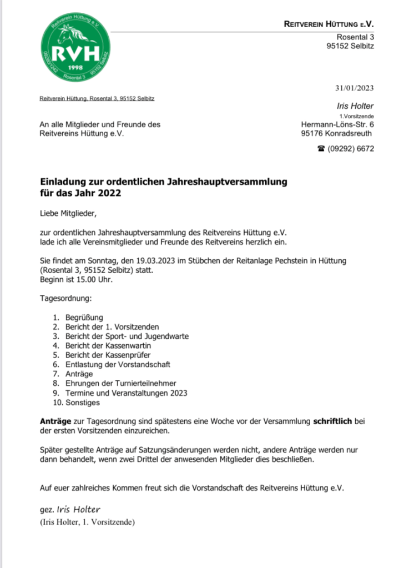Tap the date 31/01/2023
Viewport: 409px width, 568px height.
(x=354, y=88)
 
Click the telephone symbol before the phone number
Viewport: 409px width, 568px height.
(x=321, y=149)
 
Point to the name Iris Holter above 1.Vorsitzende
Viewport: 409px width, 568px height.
(x=355, y=106)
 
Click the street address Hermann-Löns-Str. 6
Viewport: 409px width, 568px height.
(x=337, y=124)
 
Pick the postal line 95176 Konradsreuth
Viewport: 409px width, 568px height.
(x=336, y=133)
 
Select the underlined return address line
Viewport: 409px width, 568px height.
(x=97, y=98)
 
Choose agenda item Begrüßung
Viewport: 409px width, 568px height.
(x=84, y=317)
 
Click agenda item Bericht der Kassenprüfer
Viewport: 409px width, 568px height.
(x=108, y=355)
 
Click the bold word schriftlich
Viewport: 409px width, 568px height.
(x=332, y=421)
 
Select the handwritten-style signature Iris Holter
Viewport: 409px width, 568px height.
(x=79, y=510)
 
